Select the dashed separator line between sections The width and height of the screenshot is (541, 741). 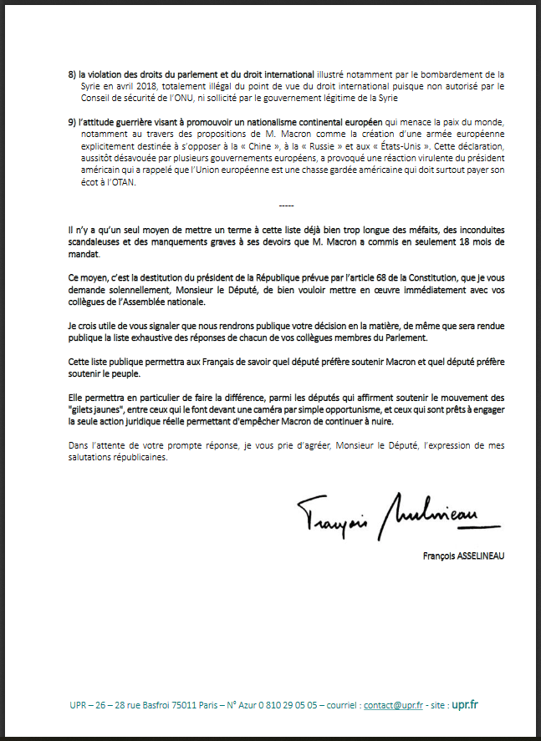click(x=286, y=206)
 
